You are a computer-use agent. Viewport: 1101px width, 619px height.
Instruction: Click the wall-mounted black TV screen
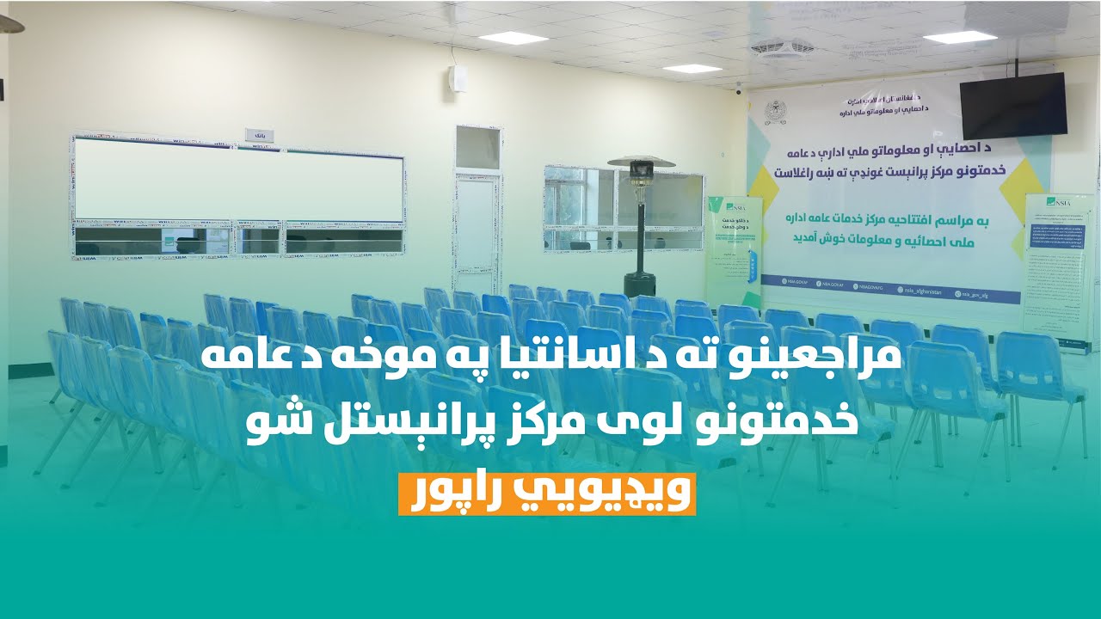(x=1013, y=105)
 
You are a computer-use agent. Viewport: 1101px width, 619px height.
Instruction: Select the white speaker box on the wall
(x=458, y=78)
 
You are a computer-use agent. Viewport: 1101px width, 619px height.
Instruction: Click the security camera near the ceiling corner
(x=738, y=88)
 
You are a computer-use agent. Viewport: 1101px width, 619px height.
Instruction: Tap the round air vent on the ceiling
(x=783, y=47)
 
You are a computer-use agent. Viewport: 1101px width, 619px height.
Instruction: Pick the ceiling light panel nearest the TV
(x=959, y=37)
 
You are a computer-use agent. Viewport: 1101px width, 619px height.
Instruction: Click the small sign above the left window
(x=260, y=135)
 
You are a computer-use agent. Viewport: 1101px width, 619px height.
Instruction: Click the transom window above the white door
(x=477, y=147)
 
